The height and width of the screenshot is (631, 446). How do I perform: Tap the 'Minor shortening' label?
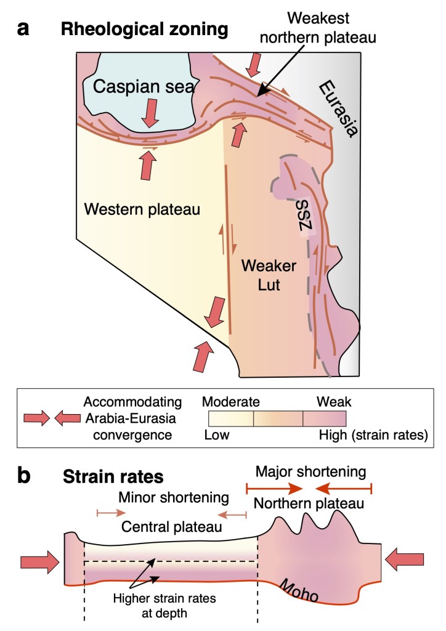coord(174,497)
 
